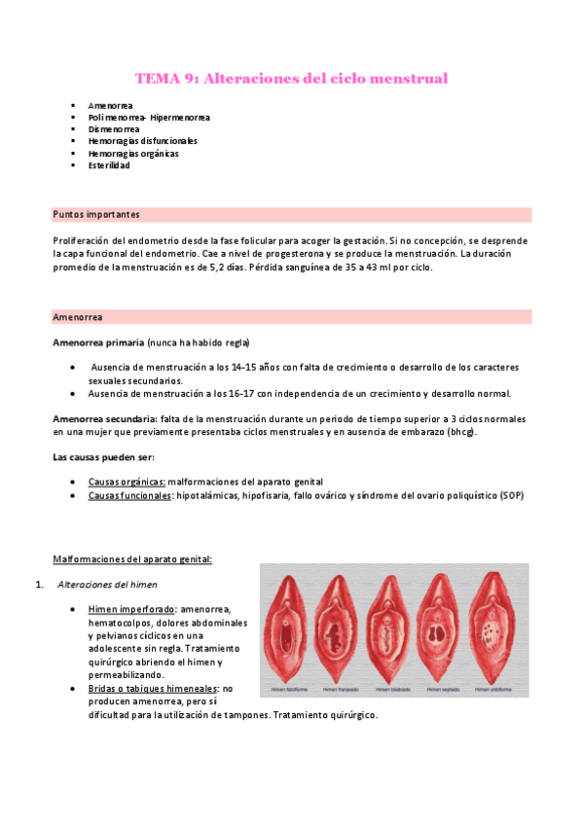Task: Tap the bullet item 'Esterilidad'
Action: point(109,165)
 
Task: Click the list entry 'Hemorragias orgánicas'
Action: point(133,154)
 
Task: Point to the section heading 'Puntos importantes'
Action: point(96,214)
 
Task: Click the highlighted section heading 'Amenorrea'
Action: point(78,317)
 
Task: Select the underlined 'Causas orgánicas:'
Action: point(127,483)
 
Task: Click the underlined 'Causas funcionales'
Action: point(129,495)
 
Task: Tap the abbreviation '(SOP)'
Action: point(512,495)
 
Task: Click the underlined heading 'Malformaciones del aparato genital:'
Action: point(131,558)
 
